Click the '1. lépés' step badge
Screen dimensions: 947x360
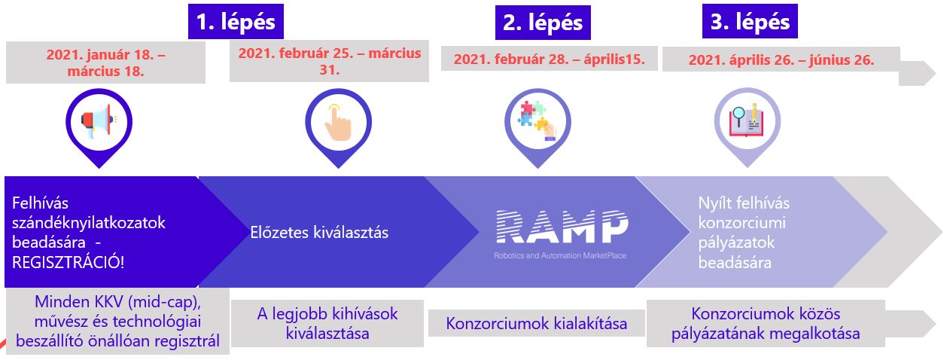click(x=236, y=22)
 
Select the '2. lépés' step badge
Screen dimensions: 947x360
click(x=543, y=23)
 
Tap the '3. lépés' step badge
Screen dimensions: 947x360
click(x=750, y=21)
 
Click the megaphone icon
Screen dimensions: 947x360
click(x=99, y=121)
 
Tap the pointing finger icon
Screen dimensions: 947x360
click(x=338, y=122)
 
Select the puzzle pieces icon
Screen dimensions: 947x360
click(x=537, y=121)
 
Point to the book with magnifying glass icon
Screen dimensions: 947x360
click(x=747, y=121)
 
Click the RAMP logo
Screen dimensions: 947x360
click(x=562, y=227)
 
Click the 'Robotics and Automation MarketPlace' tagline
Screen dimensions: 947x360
click(x=560, y=255)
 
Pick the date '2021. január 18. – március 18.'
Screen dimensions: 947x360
click(x=105, y=63)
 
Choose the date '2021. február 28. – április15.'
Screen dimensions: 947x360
click(x=550, y=59)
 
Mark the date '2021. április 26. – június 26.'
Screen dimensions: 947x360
click(x=781, y=59)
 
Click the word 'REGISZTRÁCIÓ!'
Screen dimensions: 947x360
click(x=68, y=263)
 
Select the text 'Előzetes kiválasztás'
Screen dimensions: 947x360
click(x=319, y=232)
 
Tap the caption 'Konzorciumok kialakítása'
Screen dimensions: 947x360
click(x=537, y=324)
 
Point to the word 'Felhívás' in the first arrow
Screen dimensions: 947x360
click(x=40, y=203)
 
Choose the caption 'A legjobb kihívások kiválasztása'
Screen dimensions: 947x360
click(x=327, y=324)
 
